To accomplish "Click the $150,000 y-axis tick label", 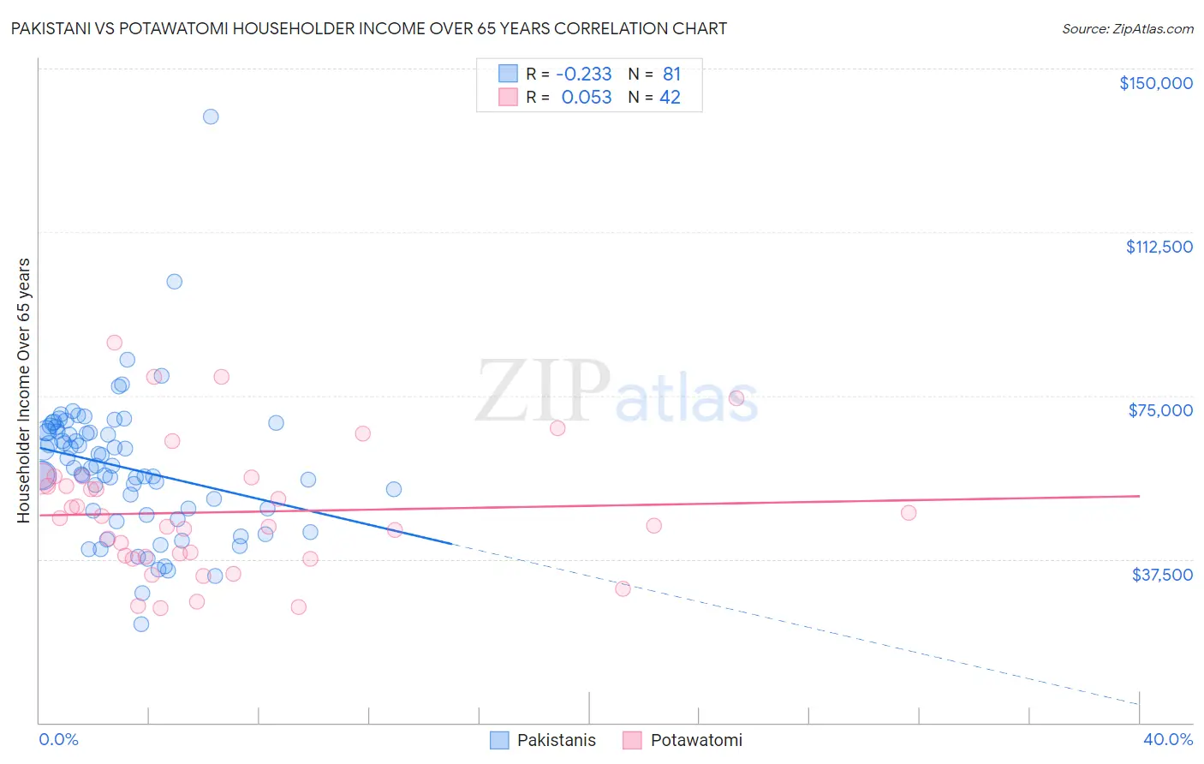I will tap(1155, 83).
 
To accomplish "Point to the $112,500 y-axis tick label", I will tap(1159, 247).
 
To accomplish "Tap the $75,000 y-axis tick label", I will tap(1160, 410).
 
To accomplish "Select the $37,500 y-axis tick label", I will tap(1161, 575).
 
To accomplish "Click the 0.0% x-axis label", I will tap(58, 739).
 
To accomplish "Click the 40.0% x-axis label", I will tap(1167, 739).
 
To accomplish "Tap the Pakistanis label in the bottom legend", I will tap(556, 740).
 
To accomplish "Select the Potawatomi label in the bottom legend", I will tap(696, 740).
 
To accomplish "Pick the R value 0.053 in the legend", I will tap(586, 98).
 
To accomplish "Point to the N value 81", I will tap(671, 75).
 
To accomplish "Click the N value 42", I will tap(670, 98).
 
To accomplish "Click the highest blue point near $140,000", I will tap(211, 116).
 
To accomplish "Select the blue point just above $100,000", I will tap(174, 282).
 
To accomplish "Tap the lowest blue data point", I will tap(141, 624).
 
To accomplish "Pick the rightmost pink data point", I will tap(909, 513).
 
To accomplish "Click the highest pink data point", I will tap(114, 343).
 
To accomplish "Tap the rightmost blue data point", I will tap(394, 489).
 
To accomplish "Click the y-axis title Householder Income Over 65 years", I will tap(24, 390).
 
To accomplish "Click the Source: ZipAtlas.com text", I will tap(1127, 29).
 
